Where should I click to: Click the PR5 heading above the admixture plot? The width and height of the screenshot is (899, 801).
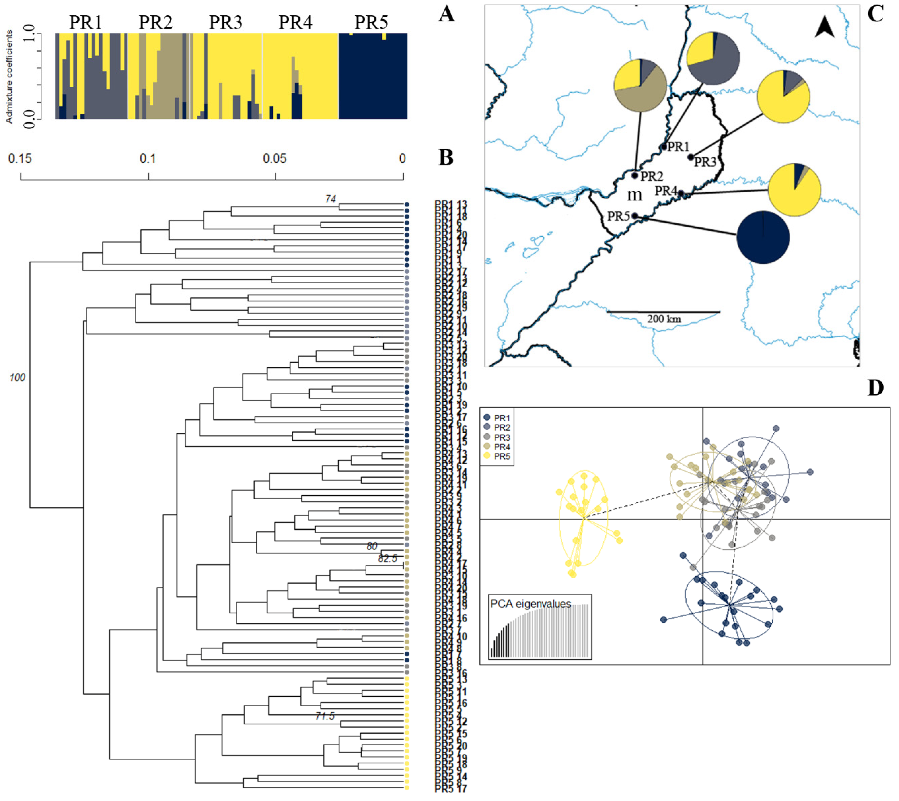pyautogui.click(x=372, y=22)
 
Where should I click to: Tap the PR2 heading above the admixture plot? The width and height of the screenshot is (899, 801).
pyautogui.click(x=156, y=22)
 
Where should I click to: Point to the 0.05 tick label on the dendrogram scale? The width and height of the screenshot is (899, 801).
pyautogui.click(x=275, y=158)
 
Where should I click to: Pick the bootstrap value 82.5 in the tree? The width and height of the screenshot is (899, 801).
pyautogui.click(x=388, y=559)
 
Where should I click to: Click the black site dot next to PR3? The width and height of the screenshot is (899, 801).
pyautogui.click(x=691, y=157)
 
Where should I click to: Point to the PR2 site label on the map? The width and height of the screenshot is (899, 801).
pyautogui.click(x=652, y=176)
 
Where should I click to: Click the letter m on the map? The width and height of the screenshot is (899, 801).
pyautogui.click(x=634, y=194)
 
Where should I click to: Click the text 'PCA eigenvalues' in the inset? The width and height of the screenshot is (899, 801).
pyautogui.click(x=531, y=604)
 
